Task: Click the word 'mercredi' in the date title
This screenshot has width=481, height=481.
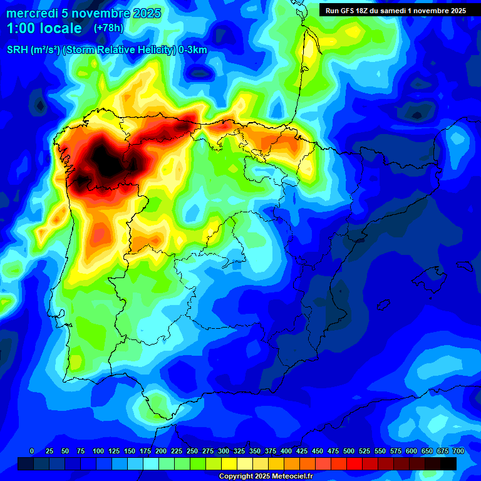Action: [x=31, y=13]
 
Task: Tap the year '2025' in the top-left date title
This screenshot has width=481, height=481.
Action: [x=144, y=13]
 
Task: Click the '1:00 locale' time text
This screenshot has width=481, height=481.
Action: [x=44, y=28]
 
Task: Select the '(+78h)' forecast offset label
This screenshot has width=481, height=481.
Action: [x=109, y=28]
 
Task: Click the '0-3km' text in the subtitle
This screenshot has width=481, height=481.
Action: [x=193, y=50]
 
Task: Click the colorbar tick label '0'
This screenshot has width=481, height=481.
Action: [x=32, y=451]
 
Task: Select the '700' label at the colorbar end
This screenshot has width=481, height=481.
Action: [x=458, y=451]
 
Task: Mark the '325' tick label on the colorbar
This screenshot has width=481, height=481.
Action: [x=239, y=451]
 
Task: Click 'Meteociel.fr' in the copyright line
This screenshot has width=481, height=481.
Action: [x=287, y=476]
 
